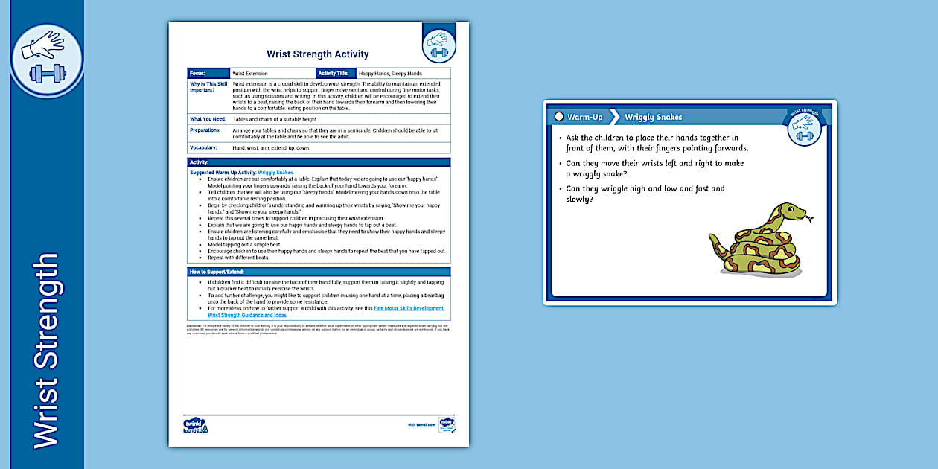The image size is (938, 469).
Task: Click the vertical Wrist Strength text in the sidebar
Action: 45,351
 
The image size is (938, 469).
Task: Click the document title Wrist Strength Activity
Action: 317,54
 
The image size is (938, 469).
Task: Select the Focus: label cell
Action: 208,74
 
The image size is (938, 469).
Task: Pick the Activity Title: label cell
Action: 336,74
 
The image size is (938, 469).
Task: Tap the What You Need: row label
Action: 208,119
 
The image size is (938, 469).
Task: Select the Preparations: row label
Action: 205,130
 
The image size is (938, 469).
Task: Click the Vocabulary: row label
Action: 205,147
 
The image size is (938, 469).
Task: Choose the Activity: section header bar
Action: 319,162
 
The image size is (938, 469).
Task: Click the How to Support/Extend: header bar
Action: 319,272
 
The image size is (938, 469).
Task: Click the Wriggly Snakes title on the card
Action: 653,117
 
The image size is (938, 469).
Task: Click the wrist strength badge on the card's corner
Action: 804,127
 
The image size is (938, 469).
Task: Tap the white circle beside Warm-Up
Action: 559,117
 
